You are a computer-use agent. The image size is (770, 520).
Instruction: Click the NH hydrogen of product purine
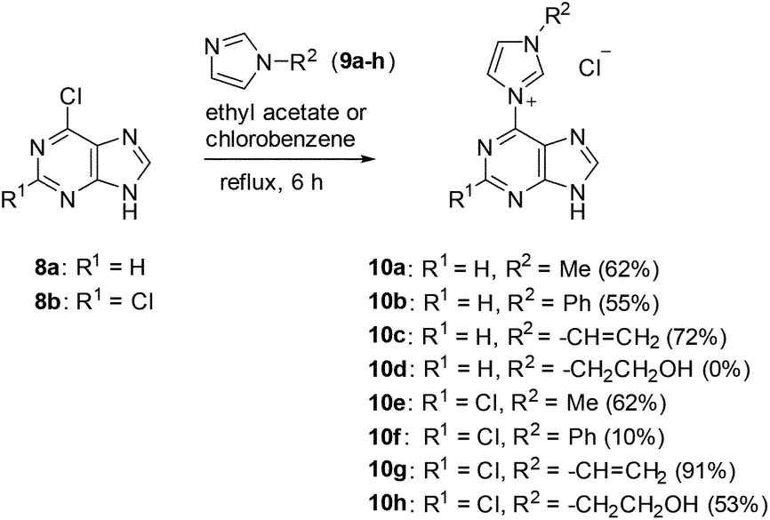580,213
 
